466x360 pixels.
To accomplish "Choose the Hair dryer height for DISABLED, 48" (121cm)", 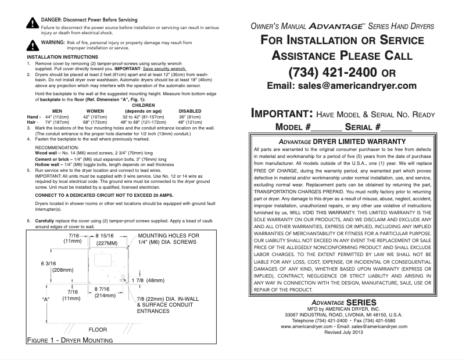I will pyautogui.click(x=190, y=123).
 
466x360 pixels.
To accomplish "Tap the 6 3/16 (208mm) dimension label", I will pyautogui.click(x=52, y=267).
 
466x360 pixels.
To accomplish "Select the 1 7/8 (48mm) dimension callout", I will pyautogui.click(x=149, y=280).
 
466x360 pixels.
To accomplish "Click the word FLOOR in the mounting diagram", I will pyautogui.click(x=98, y=329).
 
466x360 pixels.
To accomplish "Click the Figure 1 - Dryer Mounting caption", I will pyautogui.click(x=70, y=340).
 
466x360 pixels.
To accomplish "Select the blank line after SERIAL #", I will pyautogui.click(x=396, y=127).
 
